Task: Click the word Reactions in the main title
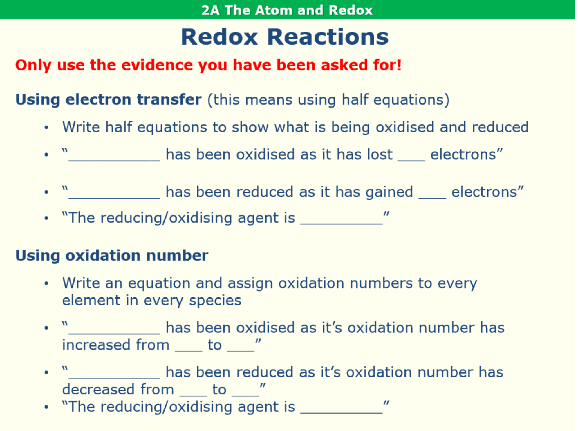click(328, 37)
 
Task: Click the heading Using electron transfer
click(108, 99)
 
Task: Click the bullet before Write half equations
click(46, 127)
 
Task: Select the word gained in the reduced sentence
click(389, 192)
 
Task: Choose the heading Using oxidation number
click(112, 256)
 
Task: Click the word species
click(215, 300)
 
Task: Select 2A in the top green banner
click(210, 10)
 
